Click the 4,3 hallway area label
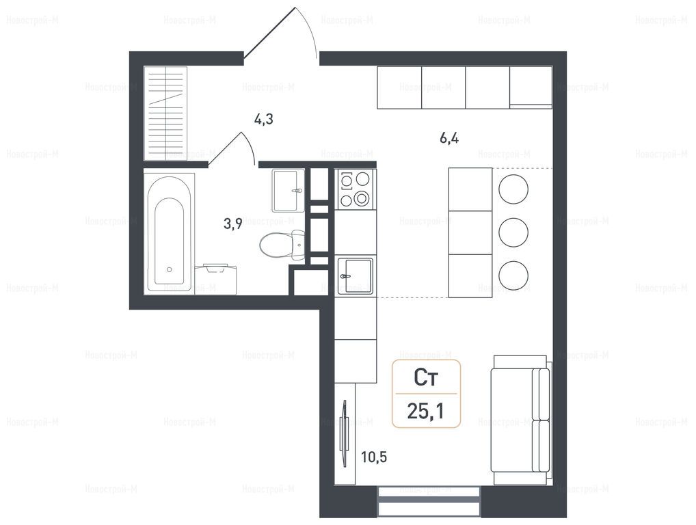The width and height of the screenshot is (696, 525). (x=263, y=120)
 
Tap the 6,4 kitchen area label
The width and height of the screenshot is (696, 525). (x=449, y=139)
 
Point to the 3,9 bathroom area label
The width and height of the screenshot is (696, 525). (x=232, y=224)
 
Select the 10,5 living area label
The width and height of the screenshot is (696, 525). (x=374, y=457)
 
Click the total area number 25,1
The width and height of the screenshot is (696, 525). (x=426, y=412)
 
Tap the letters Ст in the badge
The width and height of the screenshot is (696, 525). (x=426, y=377)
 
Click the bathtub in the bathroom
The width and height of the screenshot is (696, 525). (x=169, y=232)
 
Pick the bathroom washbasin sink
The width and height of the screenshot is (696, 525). (x=289, y=191)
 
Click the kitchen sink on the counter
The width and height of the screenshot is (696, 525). (x=356, y=275)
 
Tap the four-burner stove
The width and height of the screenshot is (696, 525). (x=355, y=189)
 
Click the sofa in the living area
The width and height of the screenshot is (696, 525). (x=521, y=420)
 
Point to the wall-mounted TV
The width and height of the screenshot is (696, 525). (x=343, y=433)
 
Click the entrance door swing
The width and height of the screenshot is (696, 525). (x=280, y=33)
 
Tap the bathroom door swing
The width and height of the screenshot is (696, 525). (x=232, y=148)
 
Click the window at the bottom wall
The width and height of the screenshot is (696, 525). (x=429, y=502)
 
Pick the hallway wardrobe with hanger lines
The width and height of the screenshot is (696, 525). (x=165, y=113)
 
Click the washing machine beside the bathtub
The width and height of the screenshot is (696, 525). (x=216, y=279)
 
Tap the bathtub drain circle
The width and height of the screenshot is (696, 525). (x=169, y=269)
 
